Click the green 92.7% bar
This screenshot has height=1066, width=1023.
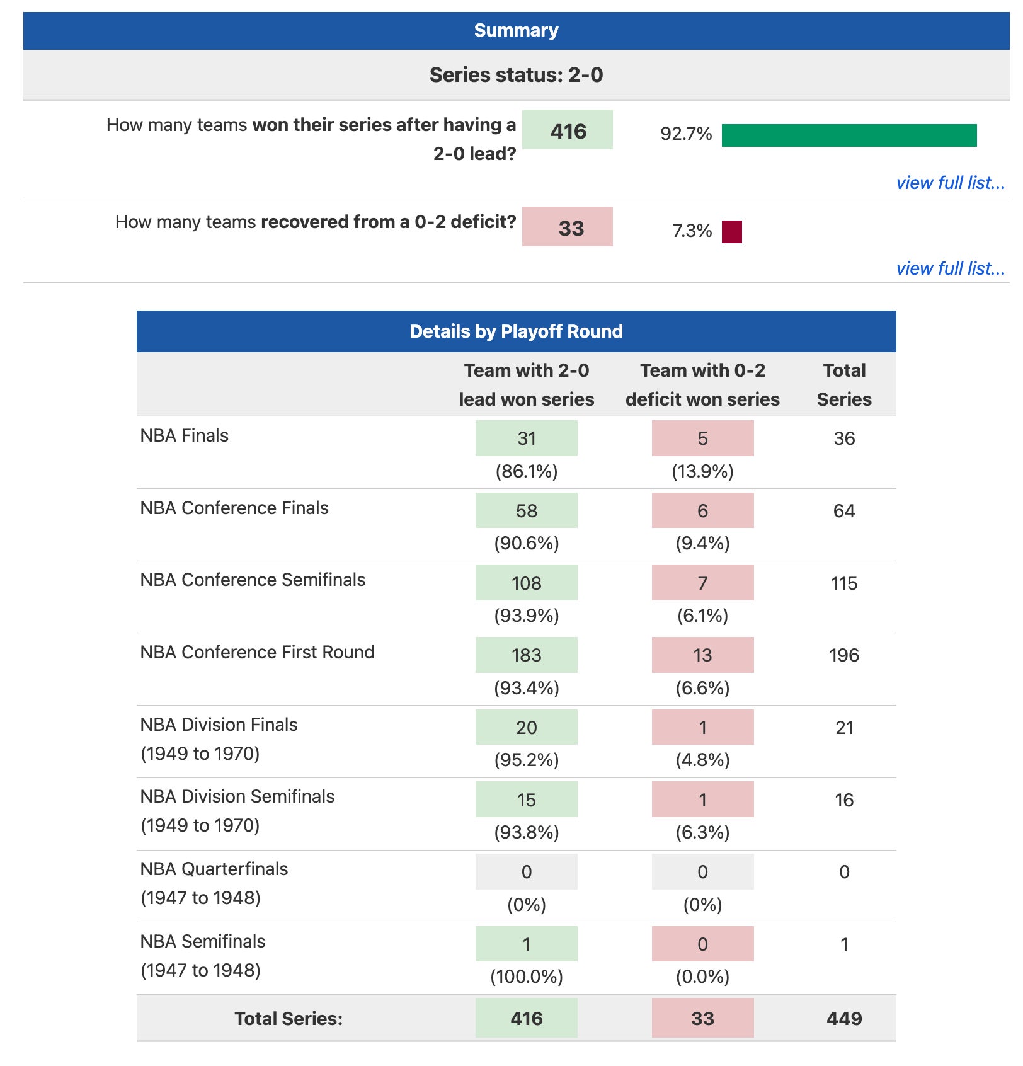(849, 135)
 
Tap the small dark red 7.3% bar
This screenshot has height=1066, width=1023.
(731, 232)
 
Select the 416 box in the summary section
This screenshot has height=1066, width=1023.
(568, 130)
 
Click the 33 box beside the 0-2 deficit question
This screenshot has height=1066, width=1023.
(568, 227)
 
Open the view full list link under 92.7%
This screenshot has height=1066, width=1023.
(950, 183)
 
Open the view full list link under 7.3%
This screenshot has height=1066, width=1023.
(950, 269)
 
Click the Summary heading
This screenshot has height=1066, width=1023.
(516, 30)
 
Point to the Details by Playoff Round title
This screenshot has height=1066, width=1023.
(516, 331)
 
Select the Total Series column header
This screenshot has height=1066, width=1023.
(844, 384)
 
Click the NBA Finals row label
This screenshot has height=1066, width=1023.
(185, 436)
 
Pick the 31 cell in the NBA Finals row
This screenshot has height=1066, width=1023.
(527, 438)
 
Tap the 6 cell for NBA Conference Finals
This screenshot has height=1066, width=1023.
(702, 511)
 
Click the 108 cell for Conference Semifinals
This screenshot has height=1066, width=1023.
(527, 583)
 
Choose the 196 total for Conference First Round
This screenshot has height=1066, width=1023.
(844, 655)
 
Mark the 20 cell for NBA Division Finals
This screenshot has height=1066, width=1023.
(527, 728)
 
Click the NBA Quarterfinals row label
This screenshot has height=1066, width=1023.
(214, 869)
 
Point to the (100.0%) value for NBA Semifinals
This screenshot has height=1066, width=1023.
(527, 977)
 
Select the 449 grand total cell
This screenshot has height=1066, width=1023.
(844, 1019)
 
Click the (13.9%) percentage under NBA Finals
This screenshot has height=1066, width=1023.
(702, 472)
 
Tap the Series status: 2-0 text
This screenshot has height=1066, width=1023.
(516, 75)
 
